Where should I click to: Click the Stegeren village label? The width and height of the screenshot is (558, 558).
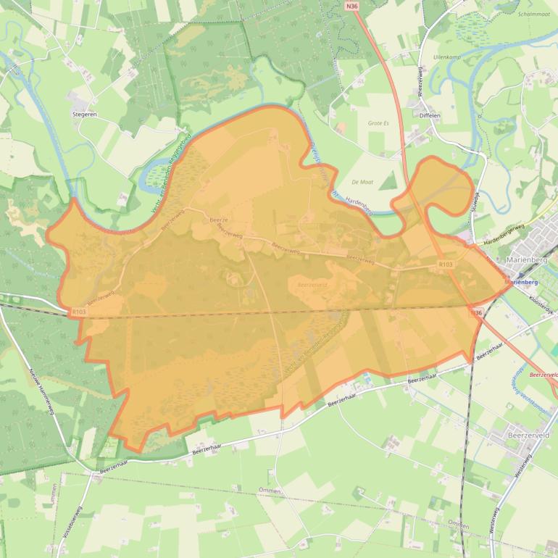(x=85, y=114)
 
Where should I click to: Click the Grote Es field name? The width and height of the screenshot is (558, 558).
(x=378, y=123)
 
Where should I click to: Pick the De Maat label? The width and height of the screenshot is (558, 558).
(x=361, y=181)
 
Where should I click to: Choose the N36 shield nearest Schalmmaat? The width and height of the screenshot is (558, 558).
(x=352, y=6)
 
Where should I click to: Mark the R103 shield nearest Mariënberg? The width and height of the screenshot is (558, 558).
(x=446, y=266)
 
